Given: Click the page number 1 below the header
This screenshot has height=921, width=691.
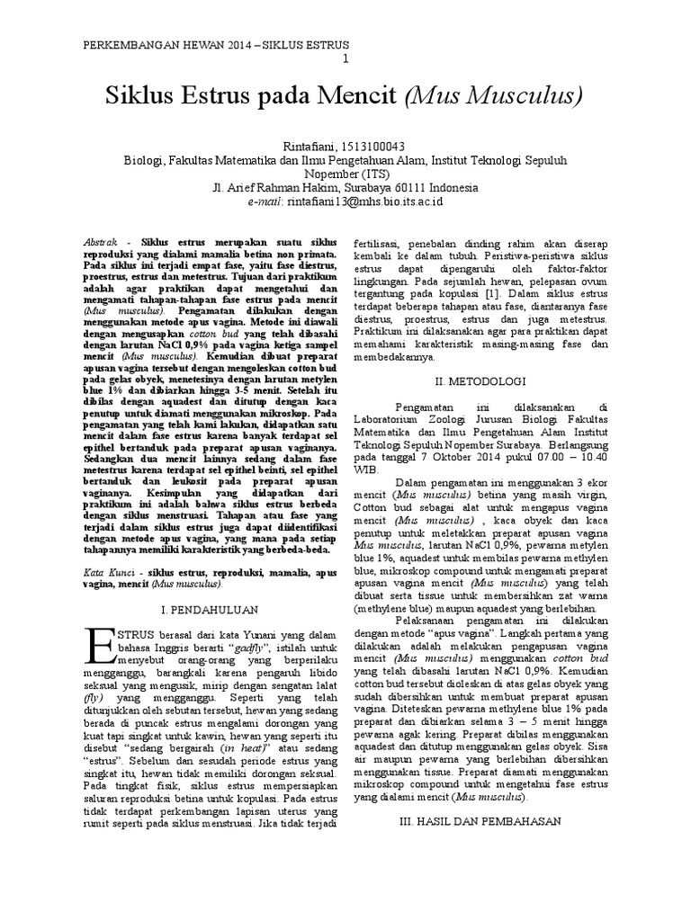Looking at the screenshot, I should [346, 59].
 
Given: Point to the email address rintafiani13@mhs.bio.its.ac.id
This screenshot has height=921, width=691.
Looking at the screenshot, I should [364, 202].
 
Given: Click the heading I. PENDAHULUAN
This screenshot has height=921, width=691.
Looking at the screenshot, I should [210, 608].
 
